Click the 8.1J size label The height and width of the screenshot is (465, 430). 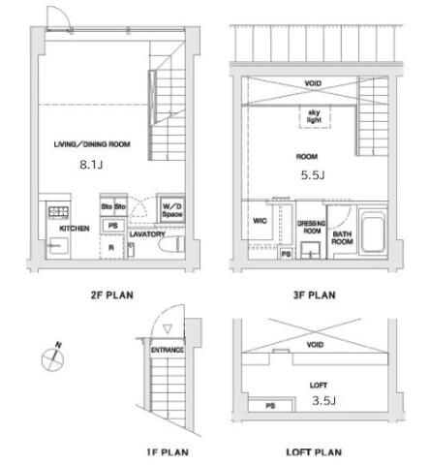(91, 165)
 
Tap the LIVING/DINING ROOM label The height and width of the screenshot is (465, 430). (92, 144)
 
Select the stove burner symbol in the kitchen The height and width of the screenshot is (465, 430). (58, 212)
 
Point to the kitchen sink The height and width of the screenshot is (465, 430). (59, 246)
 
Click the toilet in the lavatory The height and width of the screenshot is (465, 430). (171, 244)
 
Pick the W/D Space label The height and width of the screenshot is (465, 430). (172, 210)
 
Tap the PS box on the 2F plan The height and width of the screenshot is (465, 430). (112, 226)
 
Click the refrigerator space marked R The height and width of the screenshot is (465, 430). (111, 247)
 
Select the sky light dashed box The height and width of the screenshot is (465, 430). (315, 116)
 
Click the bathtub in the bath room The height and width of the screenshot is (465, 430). (373, 231)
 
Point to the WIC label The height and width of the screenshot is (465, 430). (260, 221)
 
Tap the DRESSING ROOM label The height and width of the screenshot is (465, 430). (312, 227)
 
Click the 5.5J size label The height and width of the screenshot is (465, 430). (313, 175)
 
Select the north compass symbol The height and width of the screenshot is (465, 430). (53, 357)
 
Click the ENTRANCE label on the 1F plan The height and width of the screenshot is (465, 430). (168, 350)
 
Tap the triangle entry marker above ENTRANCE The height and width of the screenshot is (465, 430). (168, 329)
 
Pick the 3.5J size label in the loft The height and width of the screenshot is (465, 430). (323, 401)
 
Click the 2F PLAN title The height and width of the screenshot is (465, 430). (112, 295)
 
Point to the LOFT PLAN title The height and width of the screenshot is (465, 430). (314, 452)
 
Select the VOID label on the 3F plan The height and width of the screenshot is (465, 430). (313, 83)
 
